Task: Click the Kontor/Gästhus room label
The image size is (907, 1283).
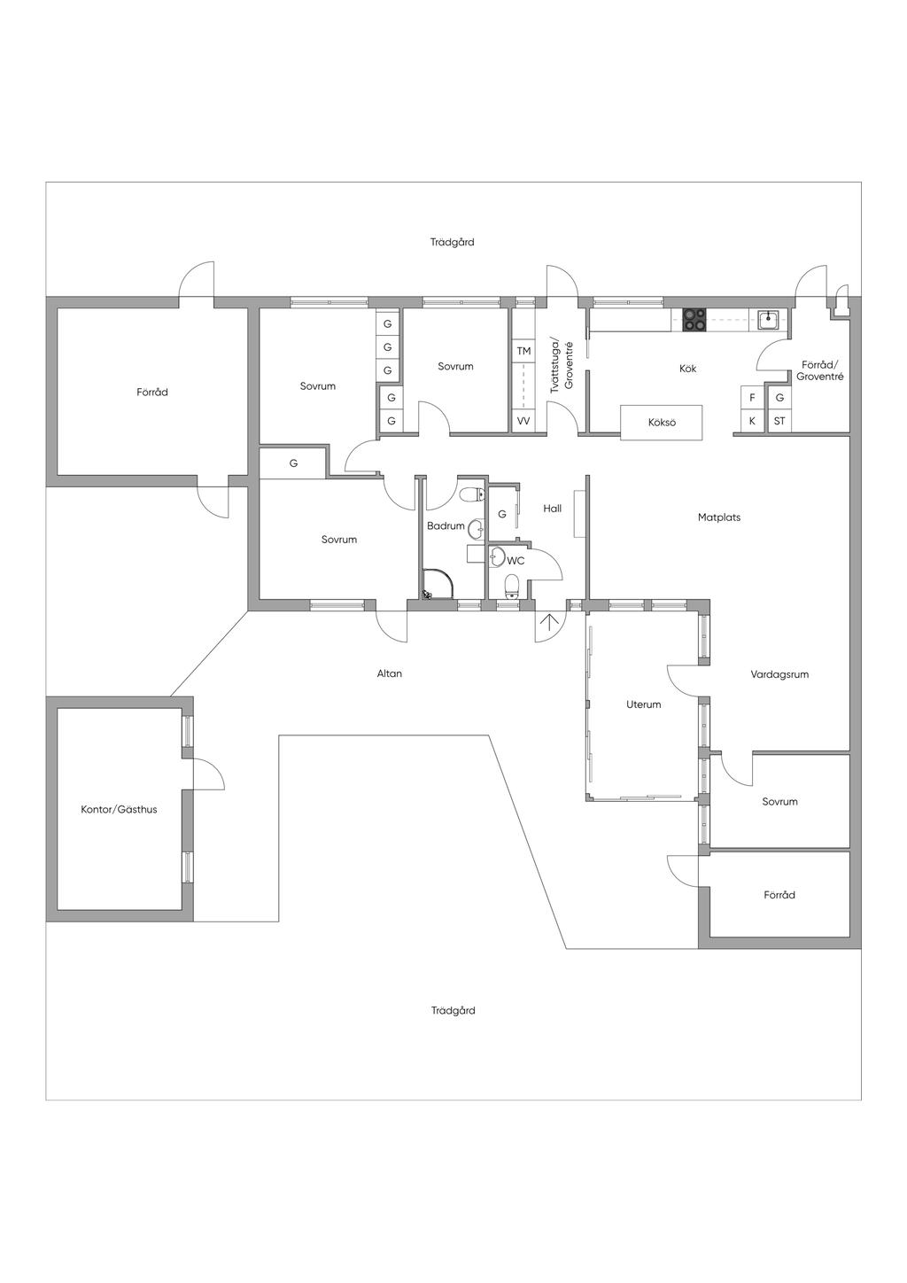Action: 119,809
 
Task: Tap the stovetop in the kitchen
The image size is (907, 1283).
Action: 694,320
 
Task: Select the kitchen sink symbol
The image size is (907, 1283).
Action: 767,320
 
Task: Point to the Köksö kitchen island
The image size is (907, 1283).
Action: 662,423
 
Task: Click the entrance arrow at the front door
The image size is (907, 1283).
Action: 548,622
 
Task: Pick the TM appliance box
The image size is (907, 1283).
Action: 523,351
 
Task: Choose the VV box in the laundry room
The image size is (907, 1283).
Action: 523,421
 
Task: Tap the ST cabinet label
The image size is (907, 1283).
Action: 779,421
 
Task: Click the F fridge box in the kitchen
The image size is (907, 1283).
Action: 752,398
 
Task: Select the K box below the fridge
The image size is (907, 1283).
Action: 752,421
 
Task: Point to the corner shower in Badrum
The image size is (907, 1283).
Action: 439,584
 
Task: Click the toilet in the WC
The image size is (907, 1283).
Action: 512,587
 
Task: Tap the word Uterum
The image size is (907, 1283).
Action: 644,704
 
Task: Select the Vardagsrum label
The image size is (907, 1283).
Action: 779,674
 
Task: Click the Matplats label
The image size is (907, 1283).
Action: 719,517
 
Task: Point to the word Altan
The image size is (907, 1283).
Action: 390,673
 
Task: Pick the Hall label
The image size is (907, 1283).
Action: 553,508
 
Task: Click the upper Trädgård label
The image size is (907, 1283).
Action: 453,242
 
